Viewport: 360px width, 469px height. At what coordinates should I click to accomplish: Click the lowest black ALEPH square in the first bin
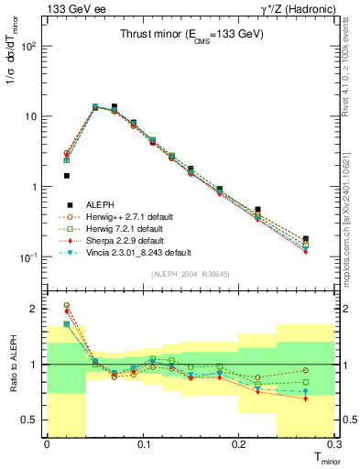(x=66, y=175)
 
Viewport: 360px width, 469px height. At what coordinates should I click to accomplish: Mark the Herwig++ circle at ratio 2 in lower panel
(x=66, y=305)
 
